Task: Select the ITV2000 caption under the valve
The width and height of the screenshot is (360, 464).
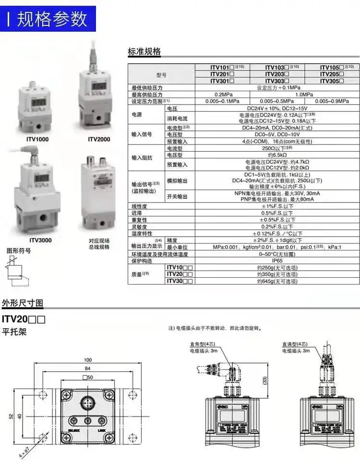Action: [x=99, y=139]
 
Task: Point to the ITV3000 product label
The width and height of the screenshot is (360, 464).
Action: [x=40, y=240]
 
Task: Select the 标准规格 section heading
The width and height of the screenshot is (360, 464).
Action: [x=144, y=52]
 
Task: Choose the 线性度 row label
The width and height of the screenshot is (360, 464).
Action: [x=140, y=206]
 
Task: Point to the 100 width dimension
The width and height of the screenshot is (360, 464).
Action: [x=87, y=360]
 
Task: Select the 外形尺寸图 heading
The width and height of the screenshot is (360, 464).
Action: [x=23, y=303]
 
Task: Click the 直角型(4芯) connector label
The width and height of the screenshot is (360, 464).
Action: [x=202, y=344]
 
